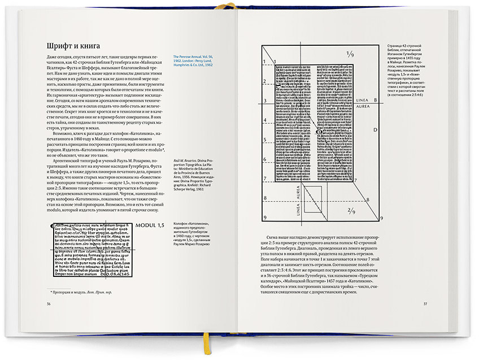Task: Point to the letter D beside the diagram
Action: click(375, 131)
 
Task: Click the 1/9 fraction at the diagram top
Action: click(350, 56)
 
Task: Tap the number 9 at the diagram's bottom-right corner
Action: click(381, 218)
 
